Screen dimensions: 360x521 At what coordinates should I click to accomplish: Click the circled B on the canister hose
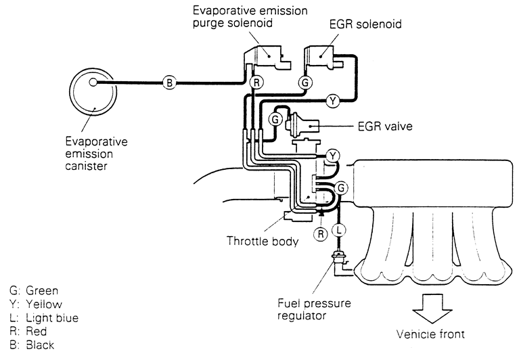tap(169, 83)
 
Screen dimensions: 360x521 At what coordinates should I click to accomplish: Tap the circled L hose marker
tap(340, 230)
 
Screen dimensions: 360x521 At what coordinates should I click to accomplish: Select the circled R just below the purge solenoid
tap(255, 83)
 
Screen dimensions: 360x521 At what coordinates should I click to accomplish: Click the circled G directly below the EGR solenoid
tap(305, 83)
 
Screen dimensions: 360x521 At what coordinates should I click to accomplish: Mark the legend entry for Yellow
tap(35, 305)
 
